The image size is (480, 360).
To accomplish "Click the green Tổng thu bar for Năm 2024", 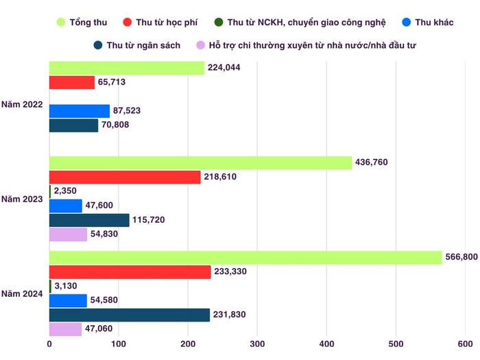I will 245,257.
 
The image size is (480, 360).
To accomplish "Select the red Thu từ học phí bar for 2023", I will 125,177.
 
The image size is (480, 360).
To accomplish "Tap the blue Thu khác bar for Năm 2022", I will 80,110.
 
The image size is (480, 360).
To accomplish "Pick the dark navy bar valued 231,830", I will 130,315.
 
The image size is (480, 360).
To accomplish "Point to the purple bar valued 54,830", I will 69,235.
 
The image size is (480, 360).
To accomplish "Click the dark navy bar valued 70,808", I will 74,125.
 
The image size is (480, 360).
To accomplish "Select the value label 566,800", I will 464,257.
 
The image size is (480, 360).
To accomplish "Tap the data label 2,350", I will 67,191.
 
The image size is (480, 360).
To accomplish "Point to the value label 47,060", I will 100,329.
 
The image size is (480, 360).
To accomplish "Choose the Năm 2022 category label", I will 23,106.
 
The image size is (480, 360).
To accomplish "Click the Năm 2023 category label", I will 23,199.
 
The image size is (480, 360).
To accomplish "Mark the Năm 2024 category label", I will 23,293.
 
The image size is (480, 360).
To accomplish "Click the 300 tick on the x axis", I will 257,344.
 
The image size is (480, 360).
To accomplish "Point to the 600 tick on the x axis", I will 464,344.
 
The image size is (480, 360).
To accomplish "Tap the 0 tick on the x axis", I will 49,344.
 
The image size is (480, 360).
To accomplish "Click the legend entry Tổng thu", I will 81,23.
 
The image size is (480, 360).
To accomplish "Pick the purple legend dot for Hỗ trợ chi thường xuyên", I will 201,45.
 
